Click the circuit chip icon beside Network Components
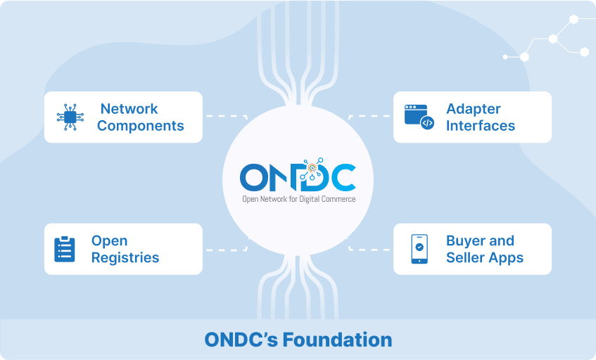coord(70,117)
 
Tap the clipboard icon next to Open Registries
coord(65,249)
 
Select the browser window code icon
coord(419,117)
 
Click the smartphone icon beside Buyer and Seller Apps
coord(419,249)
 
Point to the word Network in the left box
coord(129,109)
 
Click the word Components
coord(140,126)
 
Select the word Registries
coord(125,258)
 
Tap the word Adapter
coord(474,110)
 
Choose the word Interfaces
coord(481,126)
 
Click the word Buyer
coord(465,241)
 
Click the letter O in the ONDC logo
coord(253,177)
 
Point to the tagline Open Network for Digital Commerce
coord(299,199)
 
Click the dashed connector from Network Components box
coord(227,116)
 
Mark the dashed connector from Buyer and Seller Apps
coord(369,250)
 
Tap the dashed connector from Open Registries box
coord(227,250)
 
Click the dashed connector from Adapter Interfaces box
coord(369,116)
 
